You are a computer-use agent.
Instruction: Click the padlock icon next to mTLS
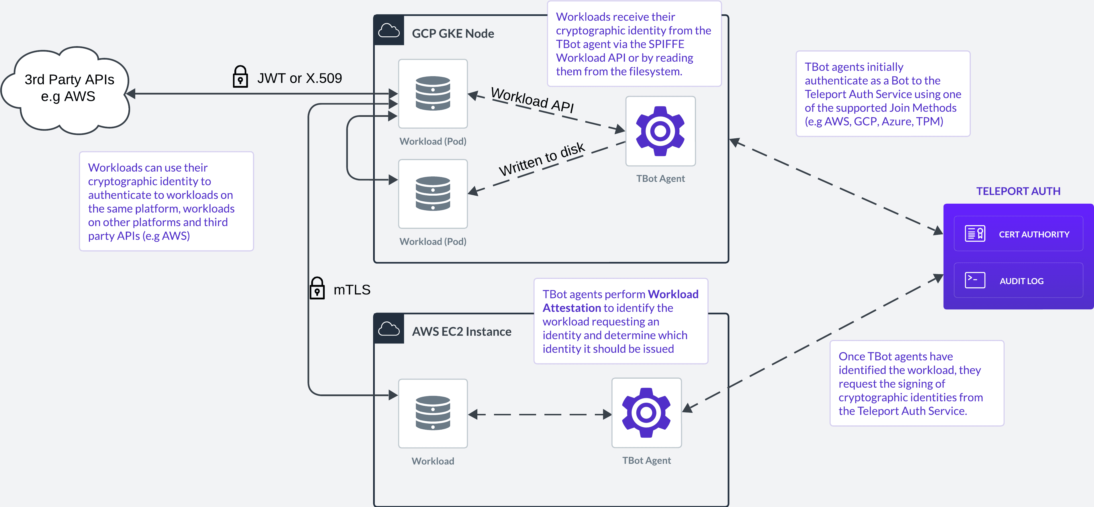point(317,288)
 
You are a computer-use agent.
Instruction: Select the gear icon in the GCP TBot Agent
point(660,131)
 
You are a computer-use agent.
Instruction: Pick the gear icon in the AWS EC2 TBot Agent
point(646,413)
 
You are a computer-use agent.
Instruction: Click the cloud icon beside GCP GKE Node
point(389,31)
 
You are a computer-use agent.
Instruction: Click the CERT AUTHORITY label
point(1034,234)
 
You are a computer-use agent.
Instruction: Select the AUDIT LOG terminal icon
point(975,280)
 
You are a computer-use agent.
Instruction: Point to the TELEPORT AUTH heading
point(1018,191)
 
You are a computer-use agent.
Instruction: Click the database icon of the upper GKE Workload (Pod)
point(433,93)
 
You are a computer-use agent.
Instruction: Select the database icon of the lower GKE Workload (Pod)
point(433,194)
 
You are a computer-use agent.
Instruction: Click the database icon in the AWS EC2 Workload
point(433,413)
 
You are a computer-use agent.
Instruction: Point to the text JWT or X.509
point(299,78)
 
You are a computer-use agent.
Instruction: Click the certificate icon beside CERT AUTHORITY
point(975,233)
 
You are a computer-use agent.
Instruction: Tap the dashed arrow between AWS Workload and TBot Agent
point(539,414)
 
